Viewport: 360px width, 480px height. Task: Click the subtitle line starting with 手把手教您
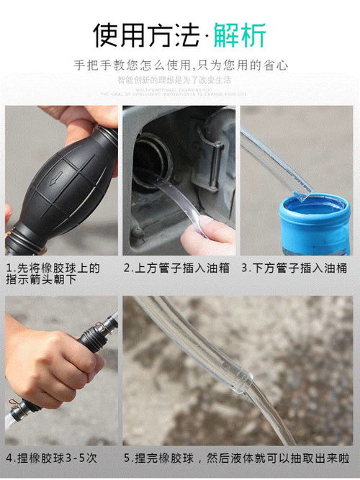click(181, 65)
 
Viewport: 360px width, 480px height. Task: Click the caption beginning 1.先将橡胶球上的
click(53, 274)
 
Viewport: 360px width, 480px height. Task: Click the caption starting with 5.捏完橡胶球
click(238, 456)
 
